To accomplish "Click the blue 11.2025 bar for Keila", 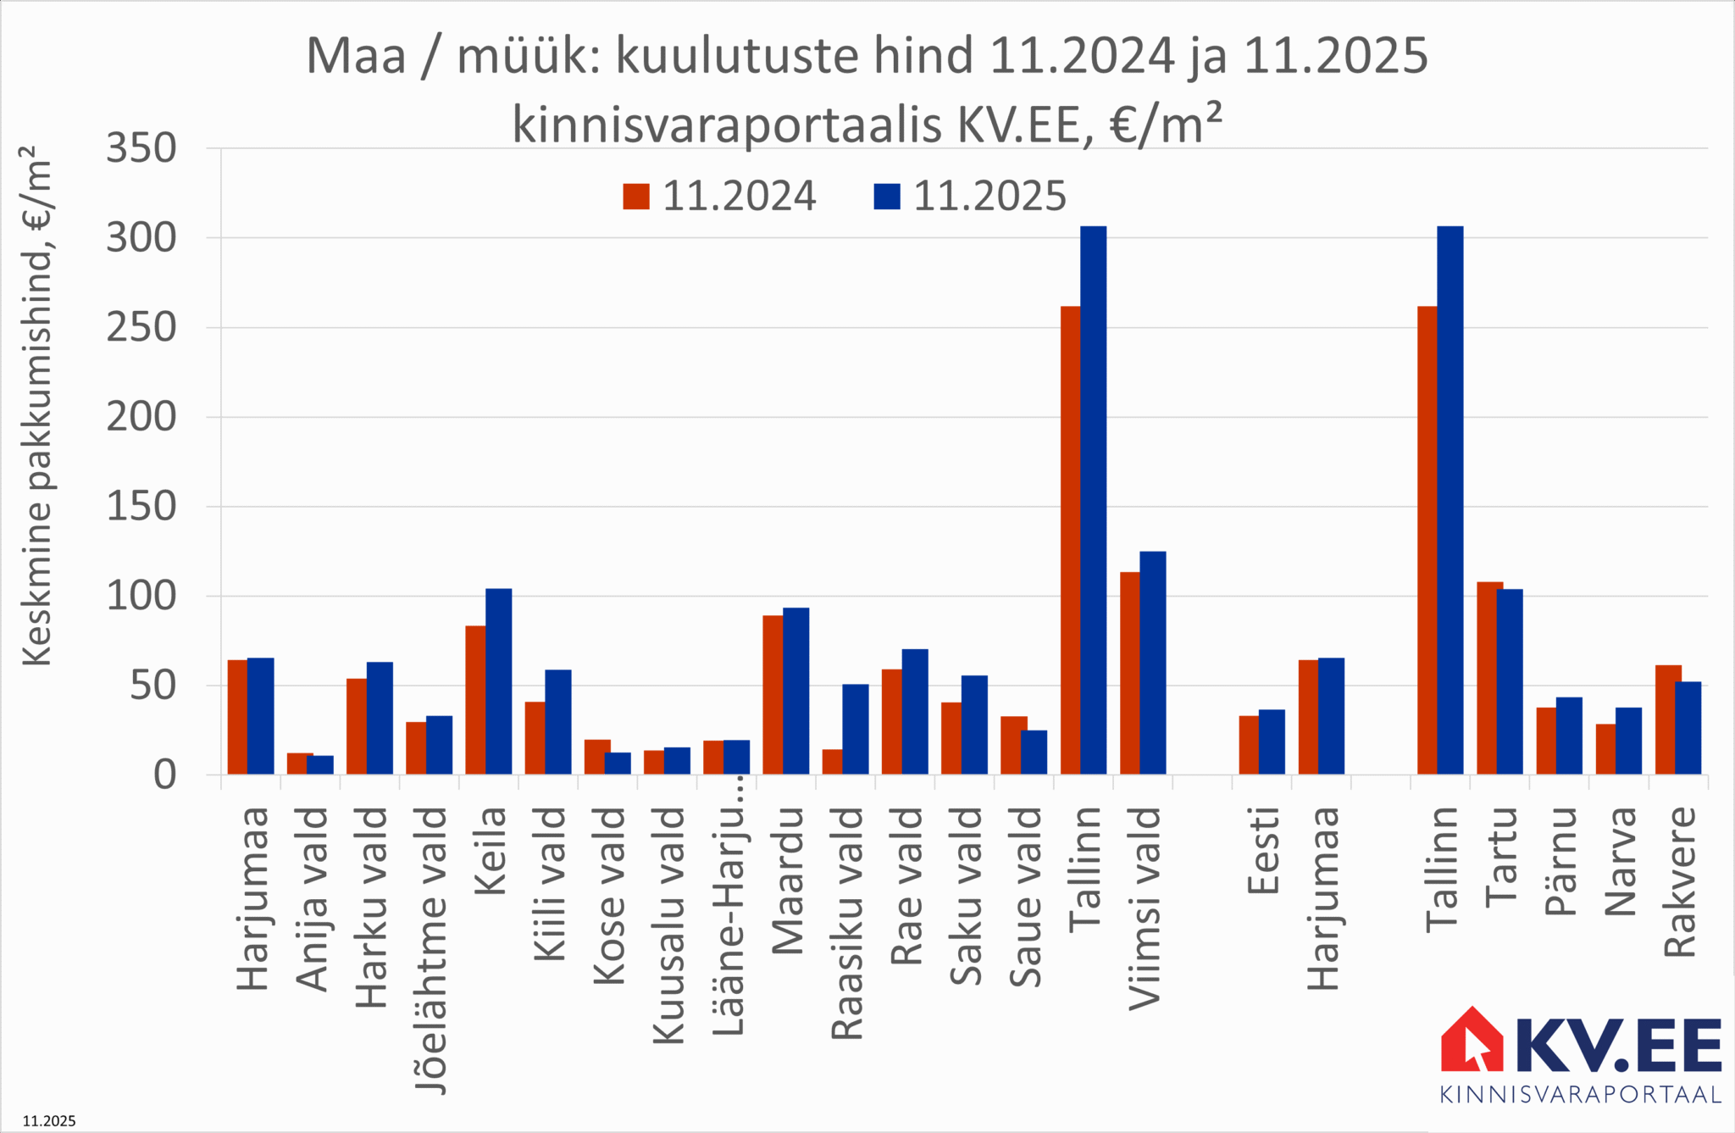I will pos(498,681).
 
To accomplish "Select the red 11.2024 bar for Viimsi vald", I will pos(1130,673).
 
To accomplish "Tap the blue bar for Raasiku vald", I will pos(856,729).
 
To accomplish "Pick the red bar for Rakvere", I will pos(1668,719).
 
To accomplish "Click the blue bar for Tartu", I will pos(1510,681).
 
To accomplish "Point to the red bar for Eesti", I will pos(1249,745).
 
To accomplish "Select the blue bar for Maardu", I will pos(795,691).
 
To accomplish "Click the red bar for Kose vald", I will pos(597,757).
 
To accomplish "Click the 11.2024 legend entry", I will pos(720,197).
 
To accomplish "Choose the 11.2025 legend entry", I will pos(971,197).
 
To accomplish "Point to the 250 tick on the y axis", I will pos(141,327).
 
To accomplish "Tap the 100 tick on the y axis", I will pos(141,596).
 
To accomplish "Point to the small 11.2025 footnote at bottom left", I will pos(49,1121).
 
